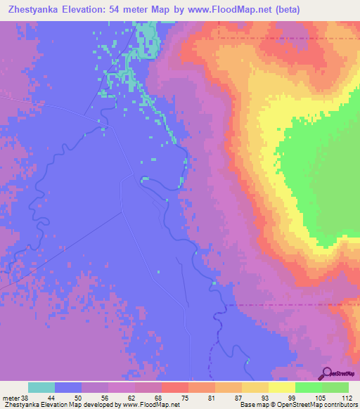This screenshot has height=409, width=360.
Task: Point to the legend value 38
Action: tap(26, 398)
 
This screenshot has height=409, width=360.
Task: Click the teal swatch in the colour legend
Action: tap(41, 387)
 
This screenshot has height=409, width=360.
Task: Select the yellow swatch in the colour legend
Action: tap(281, 387)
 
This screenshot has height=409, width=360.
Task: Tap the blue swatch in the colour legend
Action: tap(68, 387)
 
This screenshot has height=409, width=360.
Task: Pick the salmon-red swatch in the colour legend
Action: tap(174, 387)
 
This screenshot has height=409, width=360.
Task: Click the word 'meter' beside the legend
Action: tap(11, 398)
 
